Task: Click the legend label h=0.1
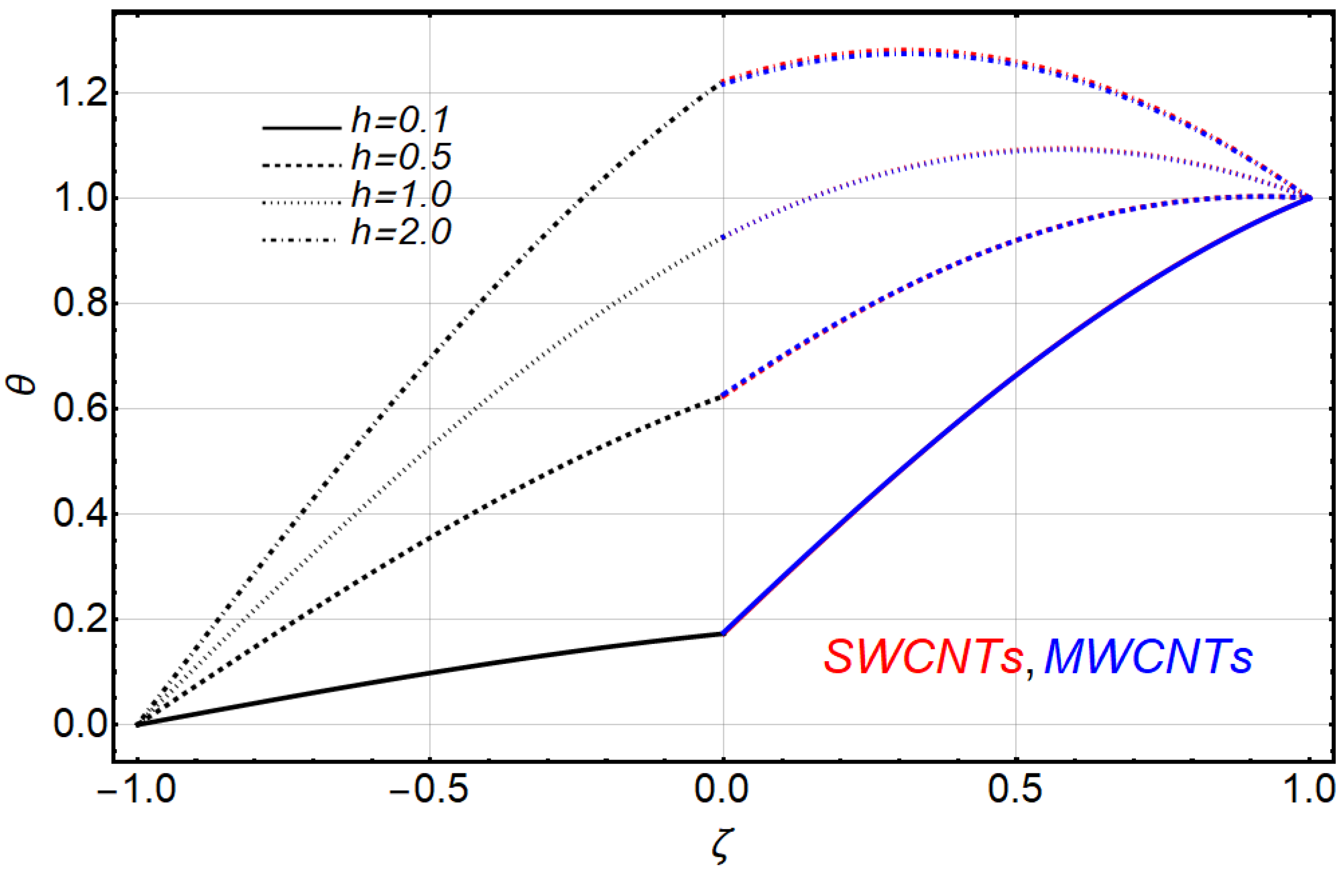tap(401, 120)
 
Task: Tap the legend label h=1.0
tap(401, 194)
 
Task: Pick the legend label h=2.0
tap(401, 231)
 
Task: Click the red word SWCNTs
tap(923, 658)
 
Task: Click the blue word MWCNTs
tap(1148, 658)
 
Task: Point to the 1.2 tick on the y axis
tap(79, 93)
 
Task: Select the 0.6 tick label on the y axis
tap(79, 409)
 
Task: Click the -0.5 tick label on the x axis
tap(430, 789)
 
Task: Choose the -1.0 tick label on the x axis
tap(137, 789)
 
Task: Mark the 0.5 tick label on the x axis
tap(1015, 789)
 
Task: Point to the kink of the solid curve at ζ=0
tap(723, 633)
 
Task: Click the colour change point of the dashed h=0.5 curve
tap(723, 396)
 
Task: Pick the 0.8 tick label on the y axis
tap(79, 303)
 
